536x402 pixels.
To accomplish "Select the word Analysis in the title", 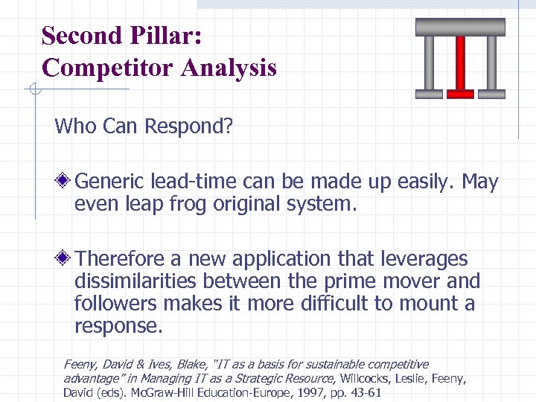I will [229, 68].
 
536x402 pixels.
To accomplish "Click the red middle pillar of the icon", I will [460, 66].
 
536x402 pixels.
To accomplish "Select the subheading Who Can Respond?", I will [144, 126].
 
